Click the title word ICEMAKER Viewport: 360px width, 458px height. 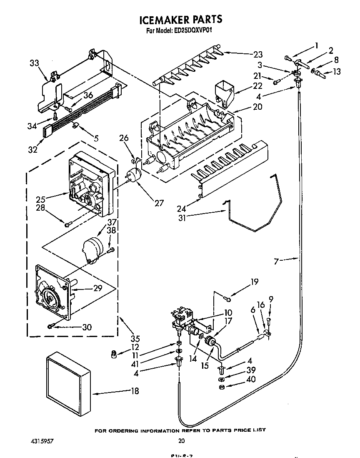162,19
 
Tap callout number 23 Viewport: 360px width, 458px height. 258,54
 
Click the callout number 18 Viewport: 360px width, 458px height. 135,391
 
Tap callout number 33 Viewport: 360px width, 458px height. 35,63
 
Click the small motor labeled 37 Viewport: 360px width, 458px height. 92,249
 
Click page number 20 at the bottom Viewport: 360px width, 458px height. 181,440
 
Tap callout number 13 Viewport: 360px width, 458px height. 337,72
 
